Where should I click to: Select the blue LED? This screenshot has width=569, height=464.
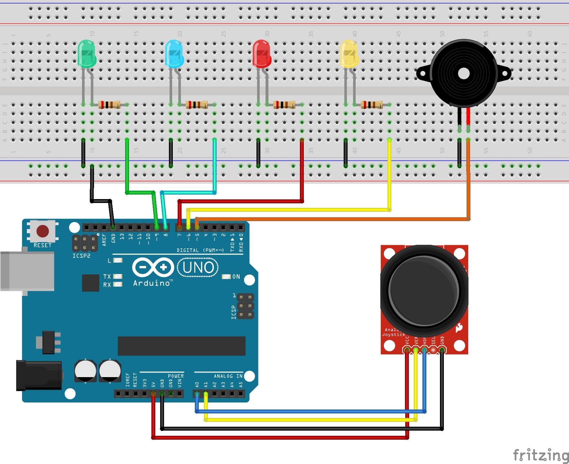[174, 54]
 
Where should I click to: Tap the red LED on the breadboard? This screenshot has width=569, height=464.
[262, 54]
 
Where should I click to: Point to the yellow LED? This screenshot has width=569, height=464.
[349, 54]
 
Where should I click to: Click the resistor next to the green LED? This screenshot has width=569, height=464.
[109, 105]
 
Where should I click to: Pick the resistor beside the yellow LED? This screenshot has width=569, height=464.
[372, 105]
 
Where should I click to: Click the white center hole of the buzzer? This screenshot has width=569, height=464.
[464, 74]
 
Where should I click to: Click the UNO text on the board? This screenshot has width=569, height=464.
[198, 268]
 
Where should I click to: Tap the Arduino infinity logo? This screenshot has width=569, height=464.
[153, 267]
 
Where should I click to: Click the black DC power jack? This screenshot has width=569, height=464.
[39, 375]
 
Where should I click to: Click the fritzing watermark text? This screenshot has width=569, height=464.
[540, 455]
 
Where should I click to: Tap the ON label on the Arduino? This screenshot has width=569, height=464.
[236, 277]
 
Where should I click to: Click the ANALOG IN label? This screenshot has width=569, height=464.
[228, 376]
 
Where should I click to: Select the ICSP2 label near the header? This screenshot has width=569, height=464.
[81, 256]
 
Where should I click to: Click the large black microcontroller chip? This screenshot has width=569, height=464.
[181, 346]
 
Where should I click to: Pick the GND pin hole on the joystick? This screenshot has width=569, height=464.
[442, 350]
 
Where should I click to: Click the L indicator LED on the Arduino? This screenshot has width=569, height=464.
[118, 260]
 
